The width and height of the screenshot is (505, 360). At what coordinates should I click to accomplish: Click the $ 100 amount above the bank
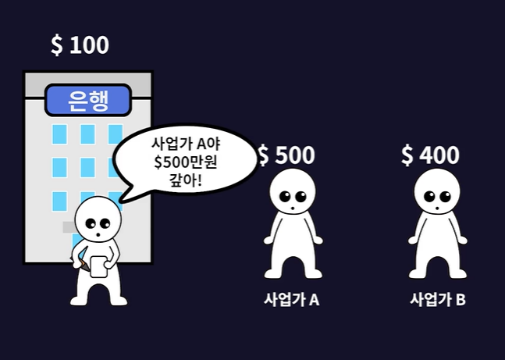click(x=80, y=45)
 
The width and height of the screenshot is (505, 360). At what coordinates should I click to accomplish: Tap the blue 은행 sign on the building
click(x=87, y=100)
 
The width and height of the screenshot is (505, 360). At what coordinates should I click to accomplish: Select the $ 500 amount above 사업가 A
click(x=286, y=155)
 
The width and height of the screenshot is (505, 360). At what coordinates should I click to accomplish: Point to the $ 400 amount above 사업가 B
click(x=430, y=155)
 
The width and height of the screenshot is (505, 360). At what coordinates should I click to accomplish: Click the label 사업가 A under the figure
click(x=292, y=299)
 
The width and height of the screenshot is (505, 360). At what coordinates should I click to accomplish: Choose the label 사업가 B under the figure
click(x=438, y=299)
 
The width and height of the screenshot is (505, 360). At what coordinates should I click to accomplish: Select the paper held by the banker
click(x=99, y=266)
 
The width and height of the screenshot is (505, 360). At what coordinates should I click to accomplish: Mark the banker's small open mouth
click(x=97, y=233)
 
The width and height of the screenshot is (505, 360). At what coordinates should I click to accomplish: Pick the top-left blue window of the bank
click(x=59, y=134)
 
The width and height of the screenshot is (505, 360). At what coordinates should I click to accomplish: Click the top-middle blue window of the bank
click(x=87, y=134)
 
